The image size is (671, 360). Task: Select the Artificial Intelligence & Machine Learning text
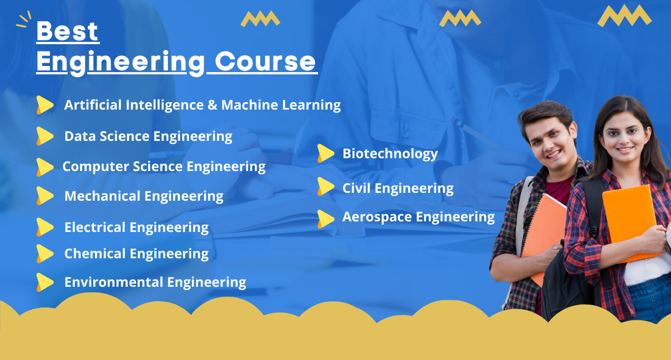(202, 105)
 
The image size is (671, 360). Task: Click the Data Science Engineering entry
(148, 136)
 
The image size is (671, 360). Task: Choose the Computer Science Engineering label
(164, 166)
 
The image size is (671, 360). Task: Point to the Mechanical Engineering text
(144, 196)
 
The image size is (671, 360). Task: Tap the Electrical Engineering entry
(136, 228)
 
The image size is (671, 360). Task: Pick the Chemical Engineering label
(136, 254)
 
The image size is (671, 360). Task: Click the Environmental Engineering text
(155, 282)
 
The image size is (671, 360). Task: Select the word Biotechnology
(390, 153)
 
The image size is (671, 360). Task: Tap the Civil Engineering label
(398, 188)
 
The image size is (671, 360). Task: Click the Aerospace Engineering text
(418, 217)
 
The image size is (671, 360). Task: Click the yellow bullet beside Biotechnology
(325, 153)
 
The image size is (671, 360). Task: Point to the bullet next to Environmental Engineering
(44, 282)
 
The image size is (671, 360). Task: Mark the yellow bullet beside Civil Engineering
(325, 186)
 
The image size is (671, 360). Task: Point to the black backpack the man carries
(562, 280)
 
